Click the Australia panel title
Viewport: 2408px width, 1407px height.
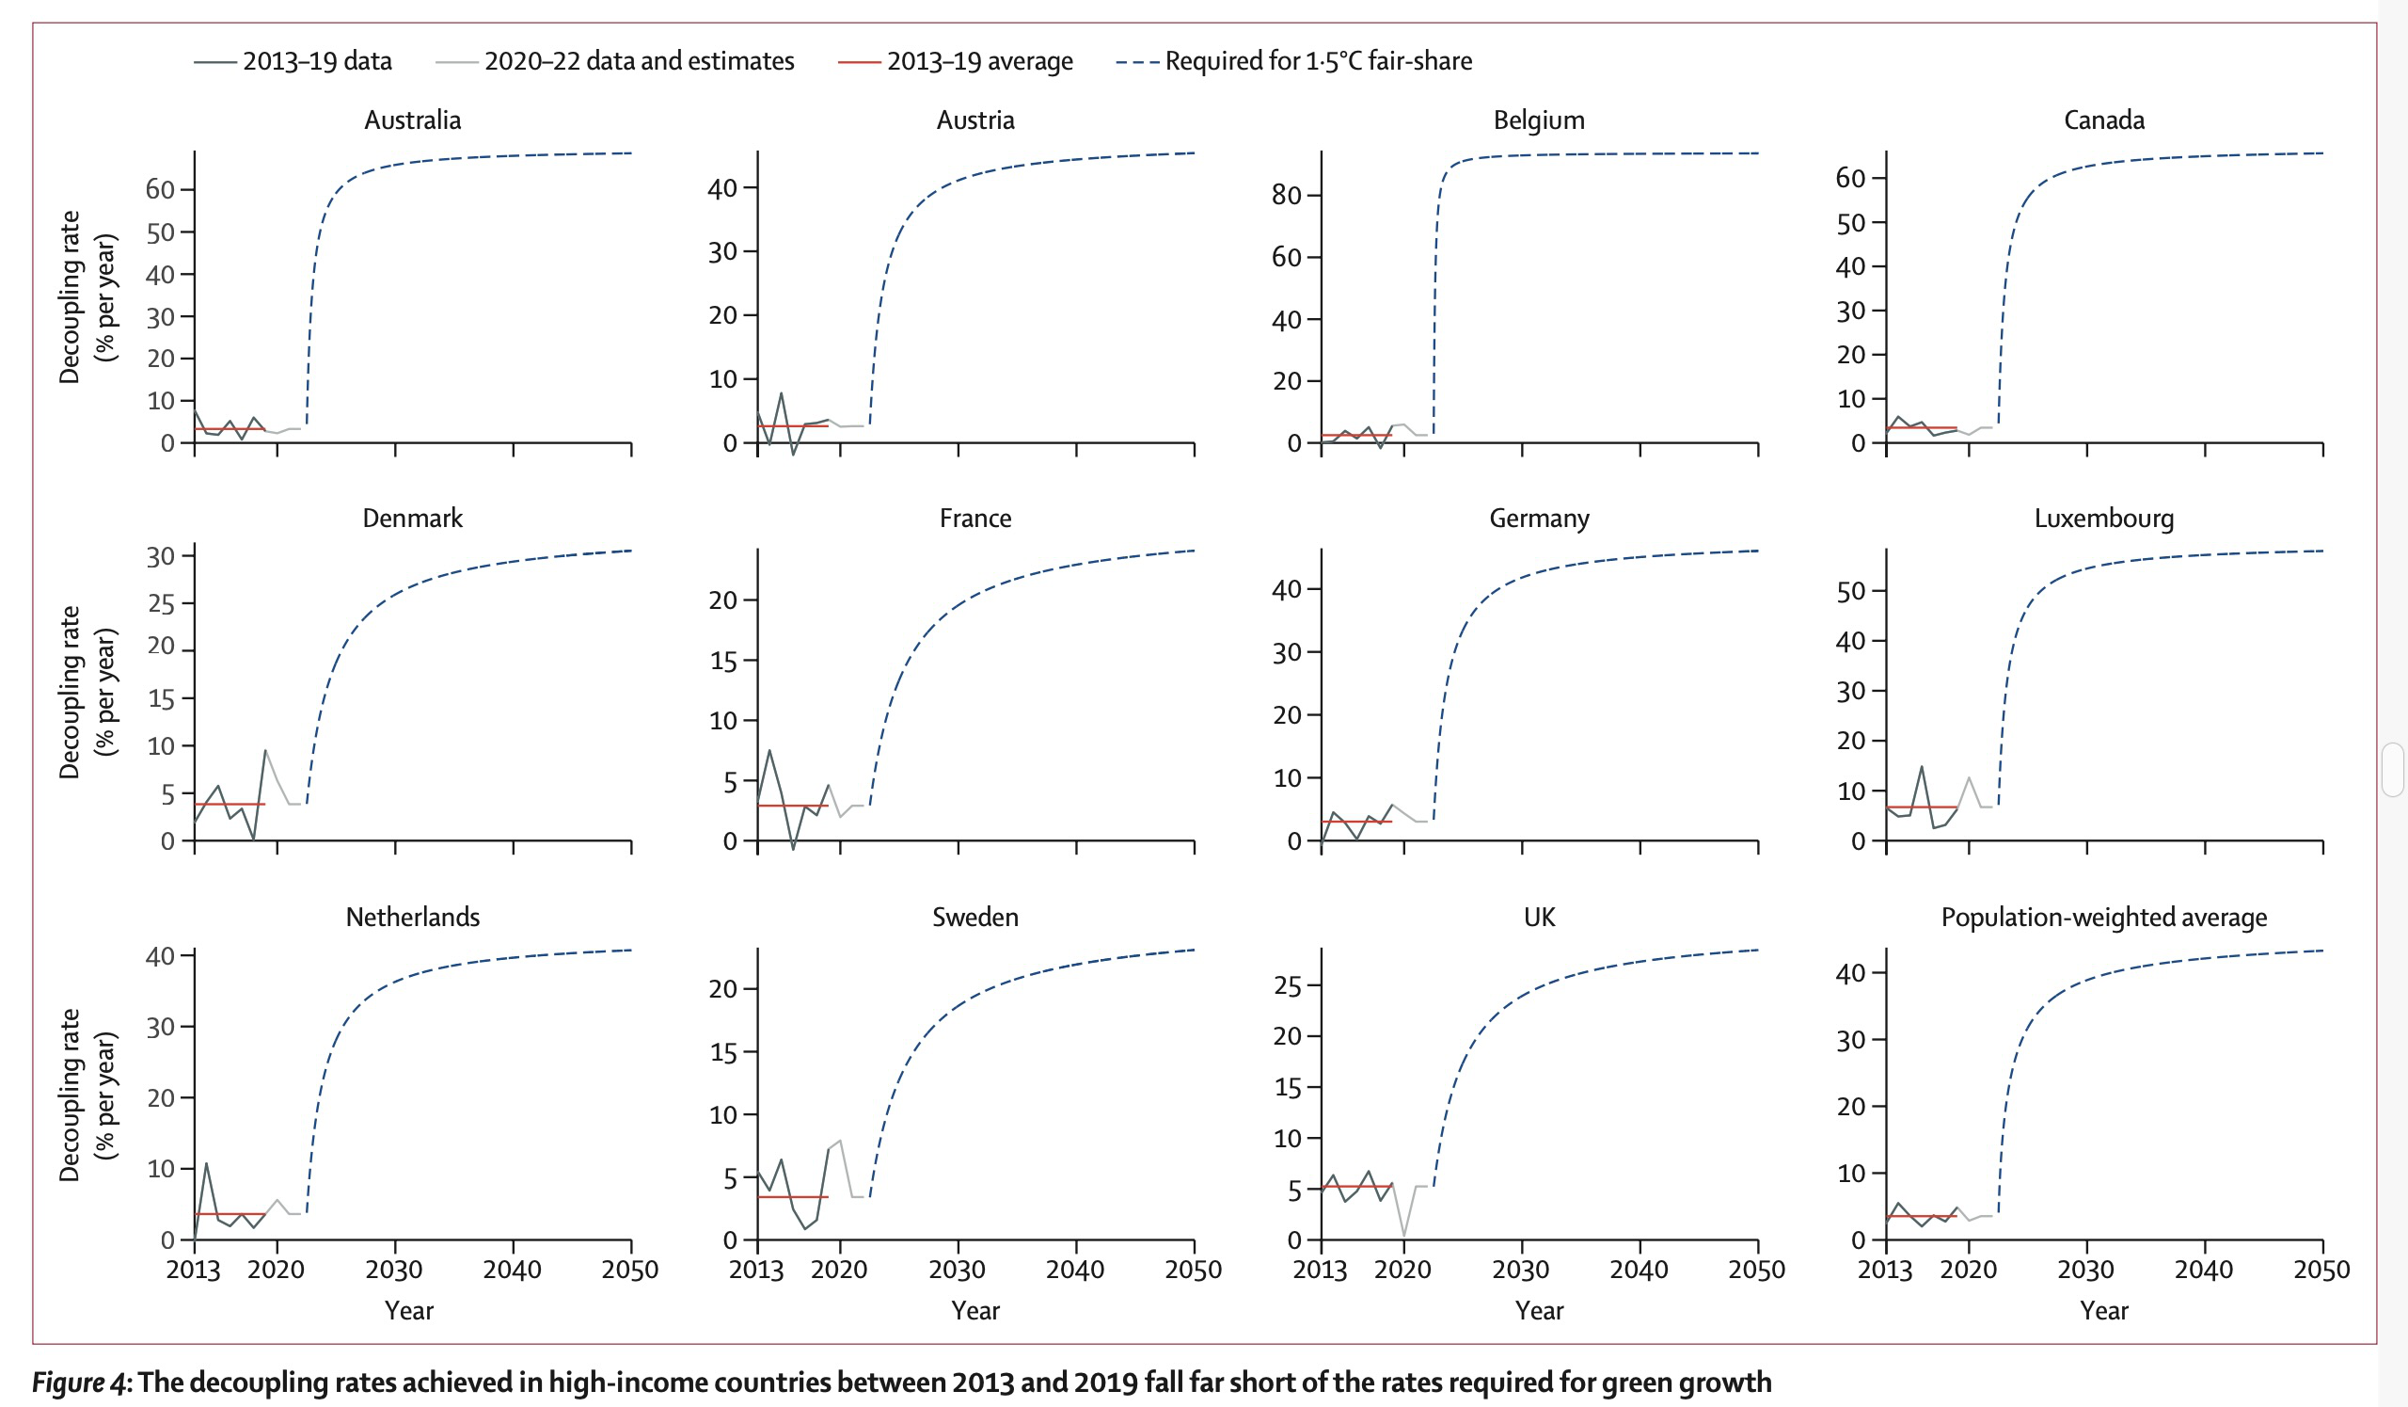[x=412, y=120]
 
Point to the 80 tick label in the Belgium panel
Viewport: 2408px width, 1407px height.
[x=1286, y=195]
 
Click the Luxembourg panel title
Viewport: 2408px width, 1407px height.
[x=2103, y=518]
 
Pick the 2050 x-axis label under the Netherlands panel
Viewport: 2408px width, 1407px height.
[x=629, y=1271]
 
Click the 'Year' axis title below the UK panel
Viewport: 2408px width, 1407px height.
[x=1539, y=1310]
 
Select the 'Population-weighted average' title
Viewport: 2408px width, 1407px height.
[x=2103, y=918]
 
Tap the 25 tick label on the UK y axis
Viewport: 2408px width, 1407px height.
[x=1287, y=985]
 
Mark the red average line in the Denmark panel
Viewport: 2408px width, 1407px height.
[x=230, y=804]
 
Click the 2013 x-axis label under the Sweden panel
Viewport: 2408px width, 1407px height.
[x=756, y=1271]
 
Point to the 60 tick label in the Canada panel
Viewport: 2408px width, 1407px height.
[x=1850, y=178]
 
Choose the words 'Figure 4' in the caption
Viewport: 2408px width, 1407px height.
[x=79, y=1383]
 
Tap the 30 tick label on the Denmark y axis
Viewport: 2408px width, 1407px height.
[x=160, y=556]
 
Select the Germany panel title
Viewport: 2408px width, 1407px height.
[x=1539, y=518]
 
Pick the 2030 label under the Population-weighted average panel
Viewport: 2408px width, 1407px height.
[x=2085, y=1271]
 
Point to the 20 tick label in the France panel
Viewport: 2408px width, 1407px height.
[x=722, y=600]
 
